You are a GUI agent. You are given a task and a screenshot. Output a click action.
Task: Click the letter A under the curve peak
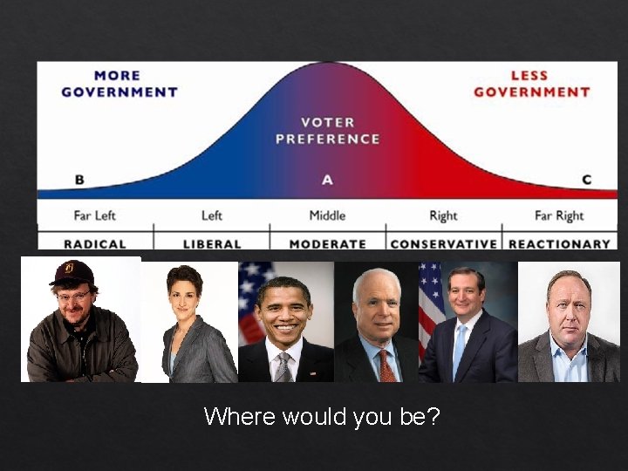point(327,180)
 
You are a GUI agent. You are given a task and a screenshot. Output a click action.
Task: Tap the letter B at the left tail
point(79,180)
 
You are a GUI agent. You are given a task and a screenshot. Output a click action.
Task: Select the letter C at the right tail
point(586,180)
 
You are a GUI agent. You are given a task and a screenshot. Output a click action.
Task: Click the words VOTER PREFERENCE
point(328,131)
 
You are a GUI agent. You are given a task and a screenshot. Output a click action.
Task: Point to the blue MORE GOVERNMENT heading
point(119,84)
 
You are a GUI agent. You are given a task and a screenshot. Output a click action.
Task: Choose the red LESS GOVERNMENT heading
point(532,84)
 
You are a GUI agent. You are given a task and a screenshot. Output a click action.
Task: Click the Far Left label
point(95,215)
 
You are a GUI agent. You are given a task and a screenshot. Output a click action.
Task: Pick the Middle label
point(327,215)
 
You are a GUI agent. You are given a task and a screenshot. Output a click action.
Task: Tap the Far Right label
point(559,215)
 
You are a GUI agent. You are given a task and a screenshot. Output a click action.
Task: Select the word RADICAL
point(95,244)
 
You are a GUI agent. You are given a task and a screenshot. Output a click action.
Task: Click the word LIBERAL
point(212,244)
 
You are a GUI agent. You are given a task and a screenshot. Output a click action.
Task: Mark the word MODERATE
point(327,244)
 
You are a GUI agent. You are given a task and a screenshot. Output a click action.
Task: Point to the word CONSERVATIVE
point(443,244)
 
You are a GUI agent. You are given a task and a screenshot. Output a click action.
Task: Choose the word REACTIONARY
point(559,244)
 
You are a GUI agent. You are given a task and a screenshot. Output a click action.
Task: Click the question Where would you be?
point(322,417)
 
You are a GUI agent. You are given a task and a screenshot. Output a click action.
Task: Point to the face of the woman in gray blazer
point(185,292)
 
